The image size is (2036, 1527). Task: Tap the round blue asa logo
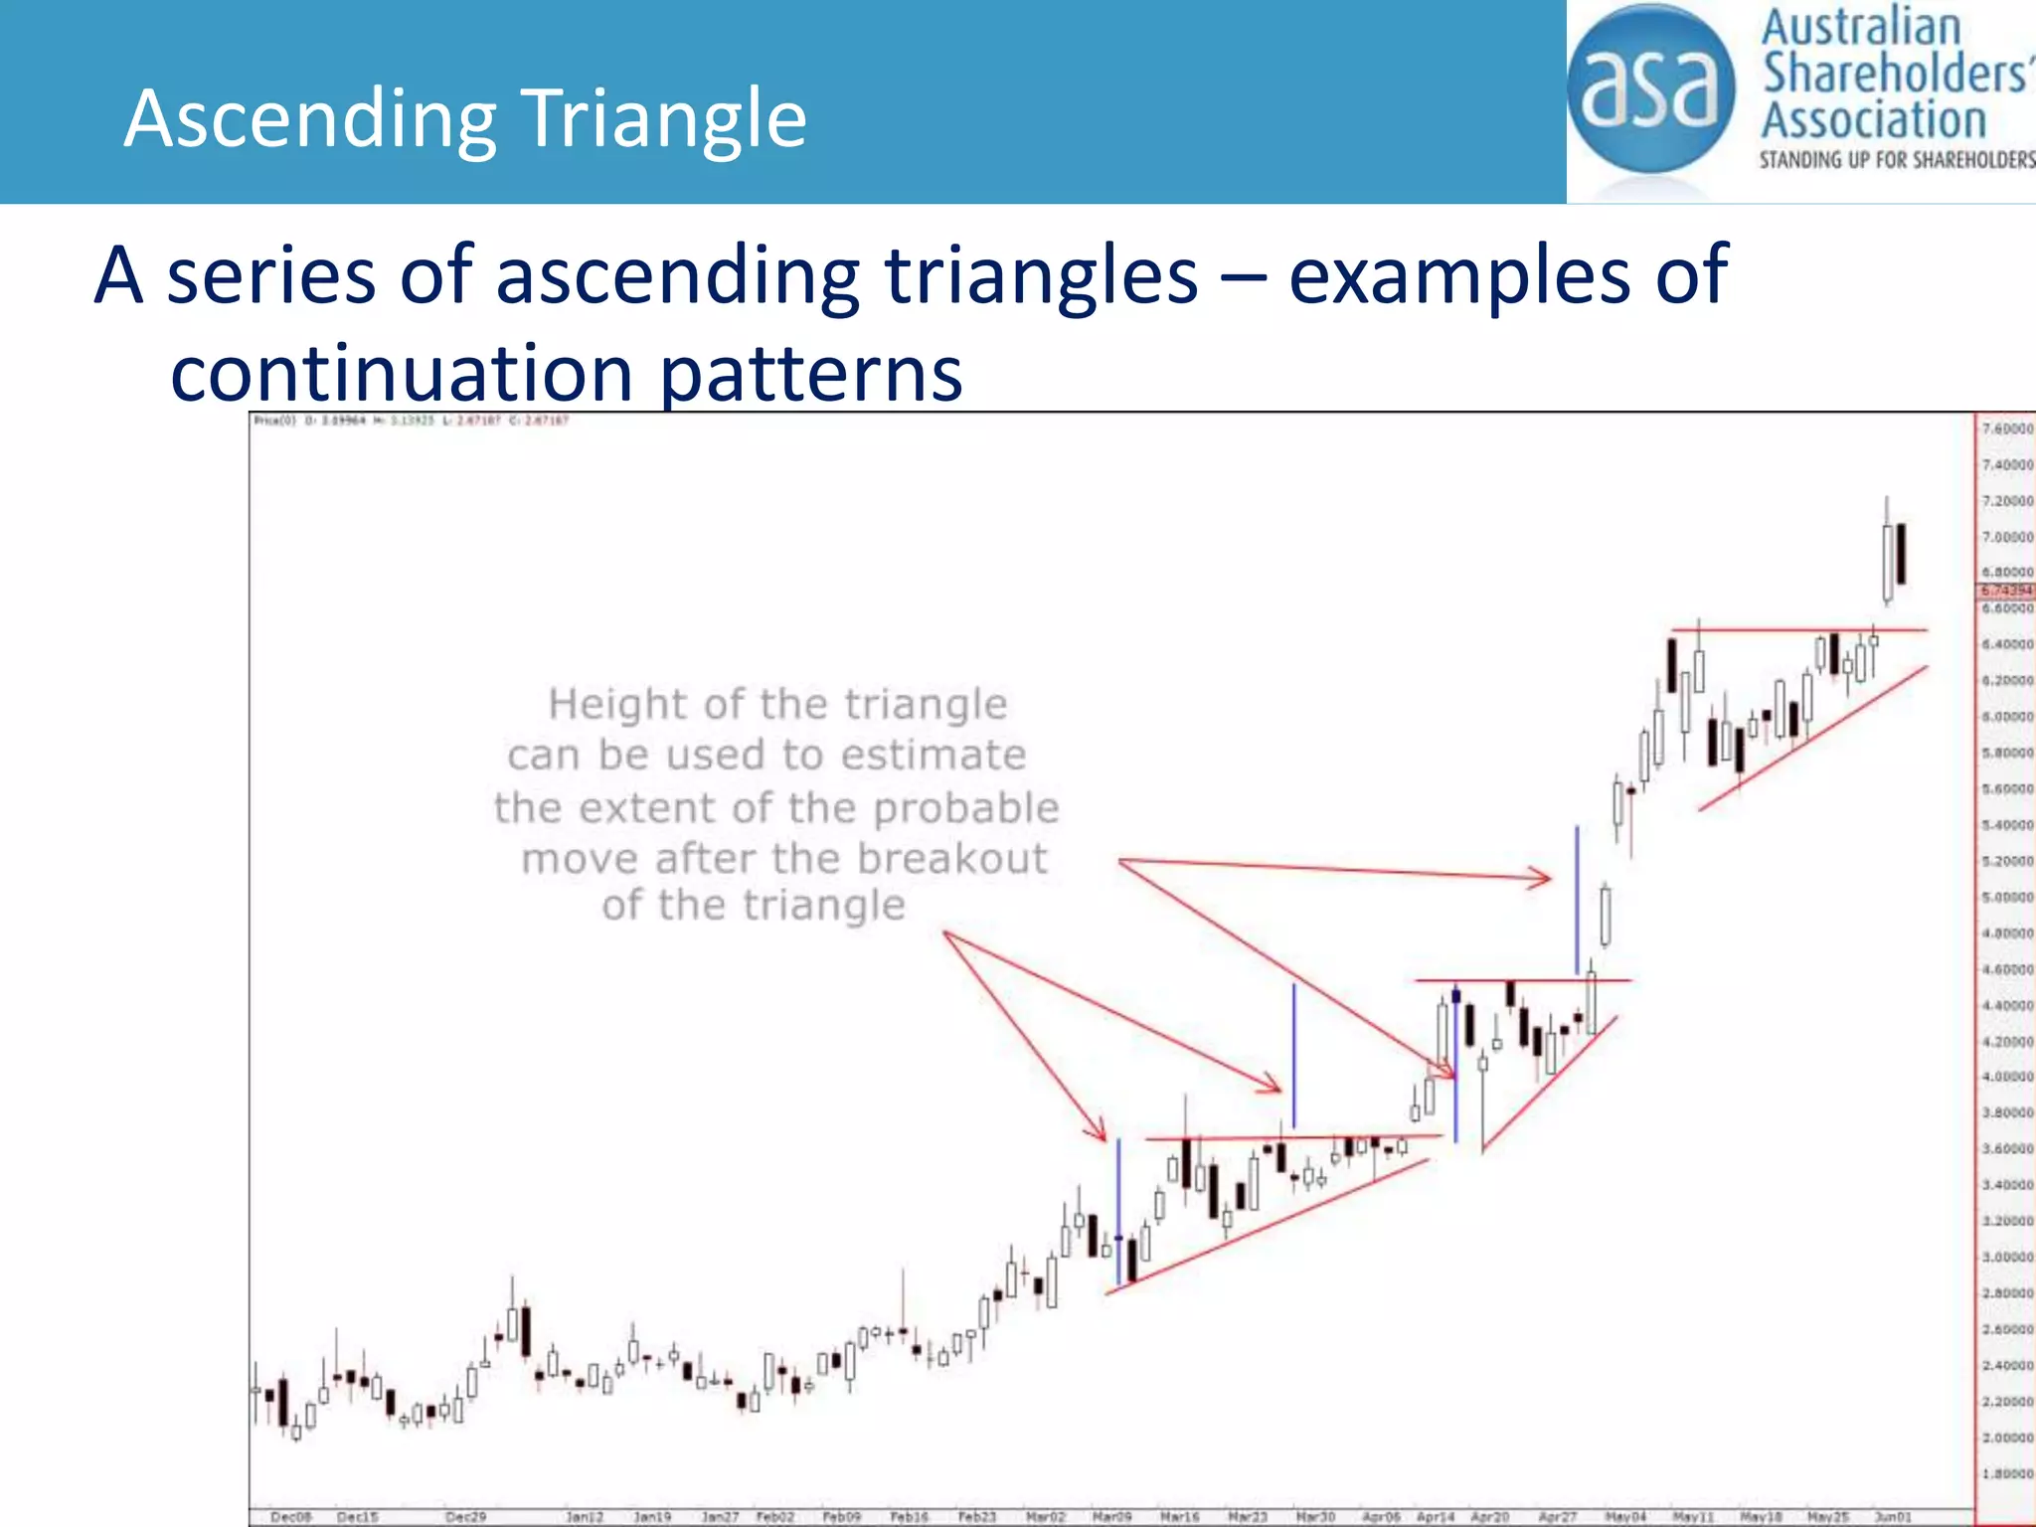pyautogui.click(x=1650, y=89)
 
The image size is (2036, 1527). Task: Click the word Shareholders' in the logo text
pyautogui.click(x=1894, y=74)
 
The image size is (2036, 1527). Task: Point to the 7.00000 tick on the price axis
pyautogui.click(x=2007, y=537)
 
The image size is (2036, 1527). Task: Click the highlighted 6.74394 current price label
pyautogui.click(x=2007, y=591)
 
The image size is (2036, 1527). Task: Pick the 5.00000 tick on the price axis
pyautogui.click(x=2007, y=897)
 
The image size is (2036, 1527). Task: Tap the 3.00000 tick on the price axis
pyautogui.click(x=2007, y=1258)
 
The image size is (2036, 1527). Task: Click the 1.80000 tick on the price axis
pyautogui.click(x=2007, y=1474)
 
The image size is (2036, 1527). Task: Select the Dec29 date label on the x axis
pyautogui.click(x=465, y=1517)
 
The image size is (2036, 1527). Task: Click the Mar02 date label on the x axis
pyautogui.click(x=1045, y=1517)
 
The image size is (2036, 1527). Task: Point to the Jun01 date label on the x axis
pyautogui.click(x=1892, y=1517)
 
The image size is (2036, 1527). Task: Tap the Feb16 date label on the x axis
pyautogui.click(x=909, y=1517)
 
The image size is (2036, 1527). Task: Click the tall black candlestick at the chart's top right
pyautogui.click(x=1901, y=554)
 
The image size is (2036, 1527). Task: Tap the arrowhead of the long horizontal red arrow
pyautogui.click(x=1541, y=877)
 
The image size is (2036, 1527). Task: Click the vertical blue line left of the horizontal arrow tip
pyautogui.click(x=1577, y=900)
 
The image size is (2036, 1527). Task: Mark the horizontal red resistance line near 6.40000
pyautogui.click(x=1799, y=630)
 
